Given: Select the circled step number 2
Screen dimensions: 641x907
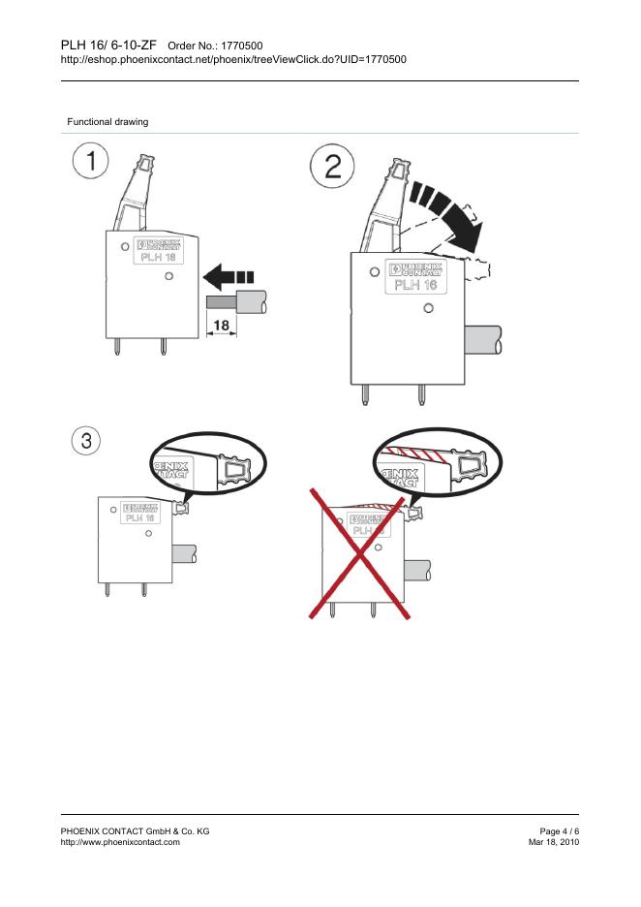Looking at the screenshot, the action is (x=331, y=171).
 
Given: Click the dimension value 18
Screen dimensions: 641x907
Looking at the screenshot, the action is (x=221, y=326).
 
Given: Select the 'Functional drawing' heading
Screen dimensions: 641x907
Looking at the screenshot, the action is (x=107, y=121).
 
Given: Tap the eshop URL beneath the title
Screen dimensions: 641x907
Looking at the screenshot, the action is (x=232, y=59).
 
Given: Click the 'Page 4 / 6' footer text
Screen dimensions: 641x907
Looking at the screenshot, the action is (x=559, y=831).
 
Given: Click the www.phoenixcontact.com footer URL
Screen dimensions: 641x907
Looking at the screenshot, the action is (x=119, y=843).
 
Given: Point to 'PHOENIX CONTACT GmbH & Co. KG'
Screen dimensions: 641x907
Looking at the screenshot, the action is (x=135, y=831).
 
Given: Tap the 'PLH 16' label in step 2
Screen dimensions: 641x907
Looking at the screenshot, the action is (x=413, y=284).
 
